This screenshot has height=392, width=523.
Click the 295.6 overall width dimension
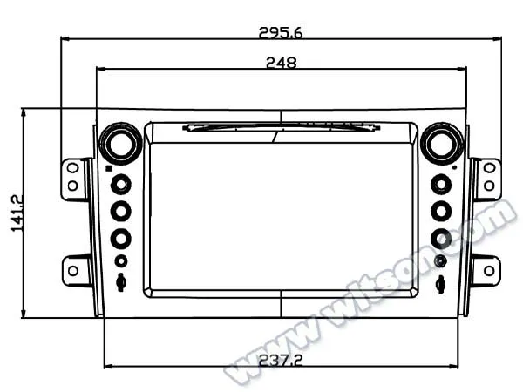(x=280, y=33)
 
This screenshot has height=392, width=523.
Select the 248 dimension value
(x=282, y=62)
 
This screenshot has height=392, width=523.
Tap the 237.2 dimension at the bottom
(x=281, y=359)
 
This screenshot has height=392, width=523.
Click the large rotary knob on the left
(x=120, y=143)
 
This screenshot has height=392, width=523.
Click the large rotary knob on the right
(x=441, y=143)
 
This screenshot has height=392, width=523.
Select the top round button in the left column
(x=120, y=184)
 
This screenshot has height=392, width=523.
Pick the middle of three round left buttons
(x=120, y=211)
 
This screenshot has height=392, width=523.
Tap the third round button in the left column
(x=120, y=238)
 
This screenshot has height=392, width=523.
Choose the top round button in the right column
(x=441, y=184)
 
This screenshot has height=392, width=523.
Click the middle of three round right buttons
(x=441, y=211)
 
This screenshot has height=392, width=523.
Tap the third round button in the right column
(x=441, y=238)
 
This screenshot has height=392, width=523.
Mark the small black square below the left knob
(x=107, y=167)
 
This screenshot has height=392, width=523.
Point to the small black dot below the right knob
(x=454, y=166)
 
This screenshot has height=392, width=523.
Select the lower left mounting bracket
(x=76, y=270)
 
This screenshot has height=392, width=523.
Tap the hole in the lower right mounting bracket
(x=489, y=270)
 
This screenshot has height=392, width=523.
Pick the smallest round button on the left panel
(x=120, y=260)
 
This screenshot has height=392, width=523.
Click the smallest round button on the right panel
(x=441, y=260)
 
